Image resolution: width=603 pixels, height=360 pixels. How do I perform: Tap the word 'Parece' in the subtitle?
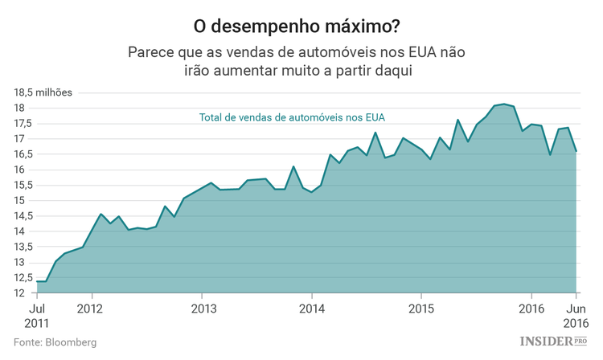[x=150, y=52]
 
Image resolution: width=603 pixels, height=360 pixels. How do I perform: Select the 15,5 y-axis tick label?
[x=23, y=185]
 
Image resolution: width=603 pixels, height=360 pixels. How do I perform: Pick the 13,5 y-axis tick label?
[x=23, y=247]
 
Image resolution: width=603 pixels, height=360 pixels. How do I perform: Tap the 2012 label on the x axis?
[x=90, y=309]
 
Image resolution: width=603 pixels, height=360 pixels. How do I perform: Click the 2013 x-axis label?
[x=203, y=309]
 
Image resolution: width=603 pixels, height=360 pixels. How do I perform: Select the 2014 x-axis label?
[x=311, y=309]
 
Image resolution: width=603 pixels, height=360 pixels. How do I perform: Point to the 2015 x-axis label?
[x=420, y=309]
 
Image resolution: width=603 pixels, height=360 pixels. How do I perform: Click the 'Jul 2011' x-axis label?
[x=38, y=315]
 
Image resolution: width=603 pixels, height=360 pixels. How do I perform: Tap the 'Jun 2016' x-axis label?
[x=576, y=315]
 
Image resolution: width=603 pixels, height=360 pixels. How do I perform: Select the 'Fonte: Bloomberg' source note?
[x=55, y=342]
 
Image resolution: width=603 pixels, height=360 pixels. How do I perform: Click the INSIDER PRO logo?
[x=553, y=342]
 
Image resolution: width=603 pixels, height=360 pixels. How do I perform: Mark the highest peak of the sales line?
[x=504, y=104]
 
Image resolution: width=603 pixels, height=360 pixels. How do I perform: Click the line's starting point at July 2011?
[x=38, y=281]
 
